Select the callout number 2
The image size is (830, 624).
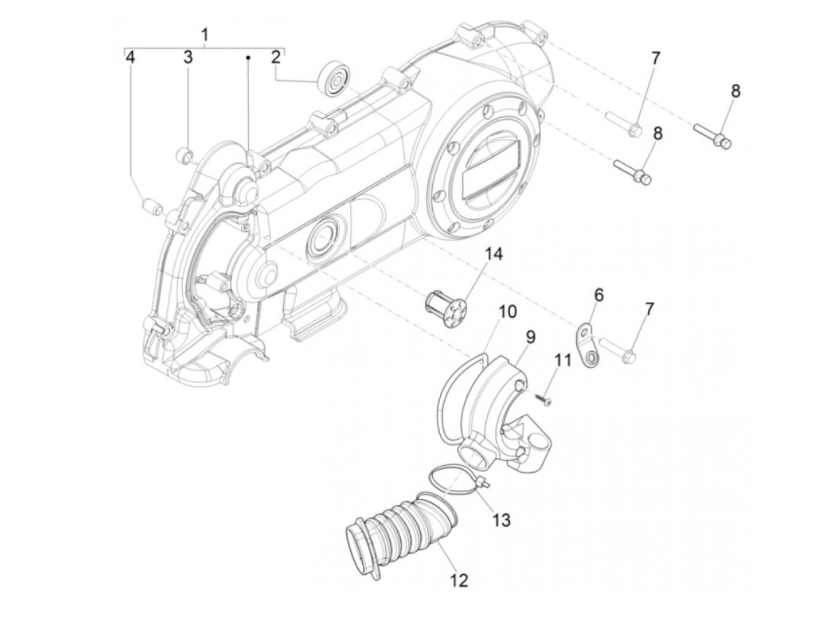click(275, 58)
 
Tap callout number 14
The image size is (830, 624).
click(494, 254)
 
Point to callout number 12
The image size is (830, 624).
click(459, 580)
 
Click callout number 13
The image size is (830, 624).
click(501, 520)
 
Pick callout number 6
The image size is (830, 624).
click(599, 295)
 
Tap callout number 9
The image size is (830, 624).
click(530, 337)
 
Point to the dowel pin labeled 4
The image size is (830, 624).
click(152, 208)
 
